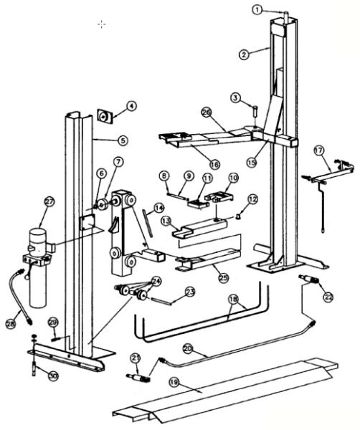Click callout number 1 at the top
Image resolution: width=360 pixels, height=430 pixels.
point(257,9)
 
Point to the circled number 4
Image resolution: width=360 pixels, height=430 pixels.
point(131,106)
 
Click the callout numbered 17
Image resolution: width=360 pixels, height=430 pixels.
point(318,151)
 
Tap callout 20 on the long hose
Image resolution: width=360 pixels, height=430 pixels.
point(189,349)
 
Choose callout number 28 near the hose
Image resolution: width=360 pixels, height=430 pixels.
point(10,324)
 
